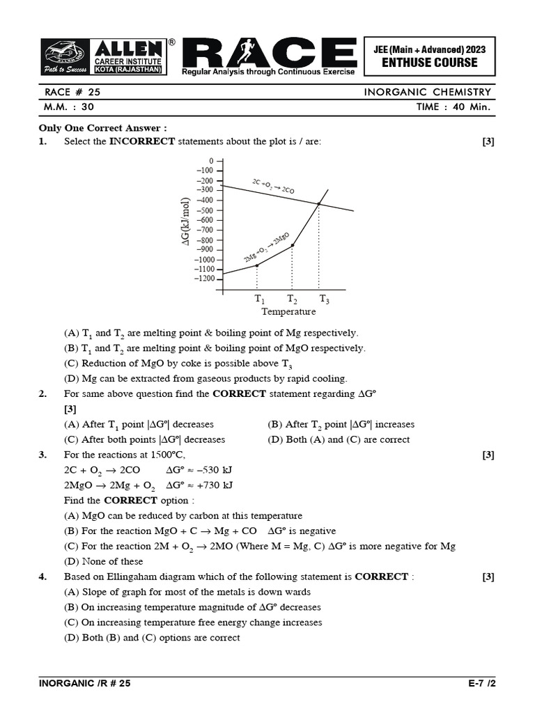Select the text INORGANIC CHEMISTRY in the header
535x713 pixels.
(x=428, y=92)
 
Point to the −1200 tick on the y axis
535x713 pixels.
(x=206, y=279)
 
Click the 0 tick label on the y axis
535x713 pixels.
(x=211, y=160)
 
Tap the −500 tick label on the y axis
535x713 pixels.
(x=206, y=210)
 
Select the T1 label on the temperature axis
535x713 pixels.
(x=259, y=299)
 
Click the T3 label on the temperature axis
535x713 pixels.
(x=324, y=299)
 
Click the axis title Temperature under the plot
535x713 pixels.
(x=288, y=312)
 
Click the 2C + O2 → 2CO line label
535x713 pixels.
(x=273, y=186)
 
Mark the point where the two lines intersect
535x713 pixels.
(x=319, y=203)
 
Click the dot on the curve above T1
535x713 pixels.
(x=257, y=265)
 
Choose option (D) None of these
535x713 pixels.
(x=103, y=561)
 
